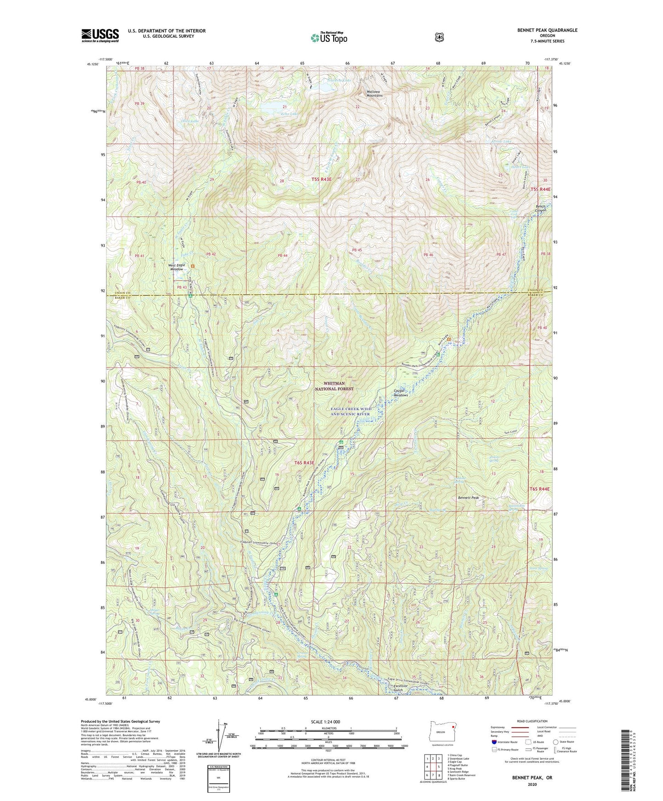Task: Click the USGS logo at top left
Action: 100,35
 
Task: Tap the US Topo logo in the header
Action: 329,38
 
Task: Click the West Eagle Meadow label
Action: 176,267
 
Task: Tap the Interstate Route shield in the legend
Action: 494,742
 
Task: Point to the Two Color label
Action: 510,432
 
